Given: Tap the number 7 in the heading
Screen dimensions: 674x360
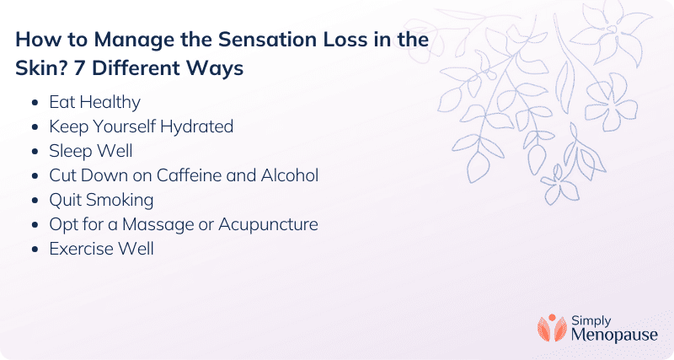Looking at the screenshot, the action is click(79, 68).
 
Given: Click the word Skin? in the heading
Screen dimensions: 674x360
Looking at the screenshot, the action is click(41, 68).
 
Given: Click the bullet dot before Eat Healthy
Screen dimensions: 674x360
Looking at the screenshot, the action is click(35, 103).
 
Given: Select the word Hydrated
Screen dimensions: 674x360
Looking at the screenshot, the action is click(196, 126).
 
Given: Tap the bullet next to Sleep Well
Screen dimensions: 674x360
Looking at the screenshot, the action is click(35, 152).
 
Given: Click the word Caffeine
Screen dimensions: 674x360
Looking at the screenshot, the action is click(189, 175).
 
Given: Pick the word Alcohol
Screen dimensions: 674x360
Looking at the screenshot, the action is click(290, 175).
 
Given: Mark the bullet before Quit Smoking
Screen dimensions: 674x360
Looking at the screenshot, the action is click(35, 201).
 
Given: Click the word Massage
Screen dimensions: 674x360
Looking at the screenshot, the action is click(158, 225).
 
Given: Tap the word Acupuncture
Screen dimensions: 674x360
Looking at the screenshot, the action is click(268, 225).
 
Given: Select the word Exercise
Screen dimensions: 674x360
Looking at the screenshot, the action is click(80, 249).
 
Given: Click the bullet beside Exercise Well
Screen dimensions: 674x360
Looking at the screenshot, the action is click(35, 250).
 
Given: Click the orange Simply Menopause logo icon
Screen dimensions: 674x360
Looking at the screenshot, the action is click(552, 329).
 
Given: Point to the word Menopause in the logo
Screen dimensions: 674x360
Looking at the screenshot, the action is click(614, 336).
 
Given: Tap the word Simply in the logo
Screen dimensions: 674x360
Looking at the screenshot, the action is click(591, 321).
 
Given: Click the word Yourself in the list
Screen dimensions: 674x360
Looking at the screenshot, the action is click(124, 126).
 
